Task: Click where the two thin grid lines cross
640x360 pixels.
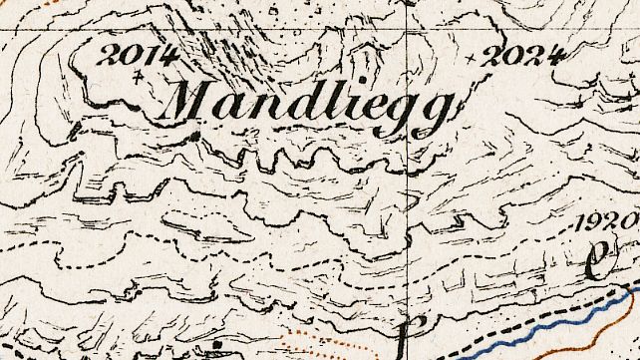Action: click(410, 29)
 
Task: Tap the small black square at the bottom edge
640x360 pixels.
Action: click(216, 350)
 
